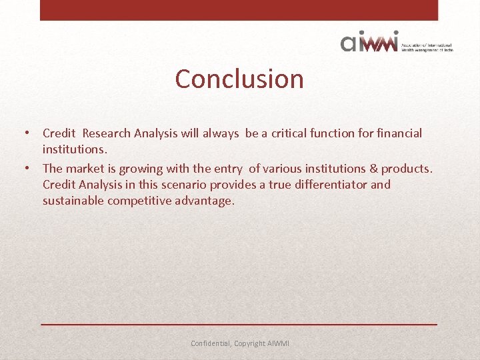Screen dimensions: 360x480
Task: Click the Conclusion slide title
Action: click(239, 79)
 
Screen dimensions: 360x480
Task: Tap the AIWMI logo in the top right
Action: click(396, 41)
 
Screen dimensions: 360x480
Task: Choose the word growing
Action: click(141, 169)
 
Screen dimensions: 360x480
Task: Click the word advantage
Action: click(207, 201)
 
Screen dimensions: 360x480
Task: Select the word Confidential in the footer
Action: click(211, 343)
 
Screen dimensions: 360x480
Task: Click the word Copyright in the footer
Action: click(250, 344)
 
